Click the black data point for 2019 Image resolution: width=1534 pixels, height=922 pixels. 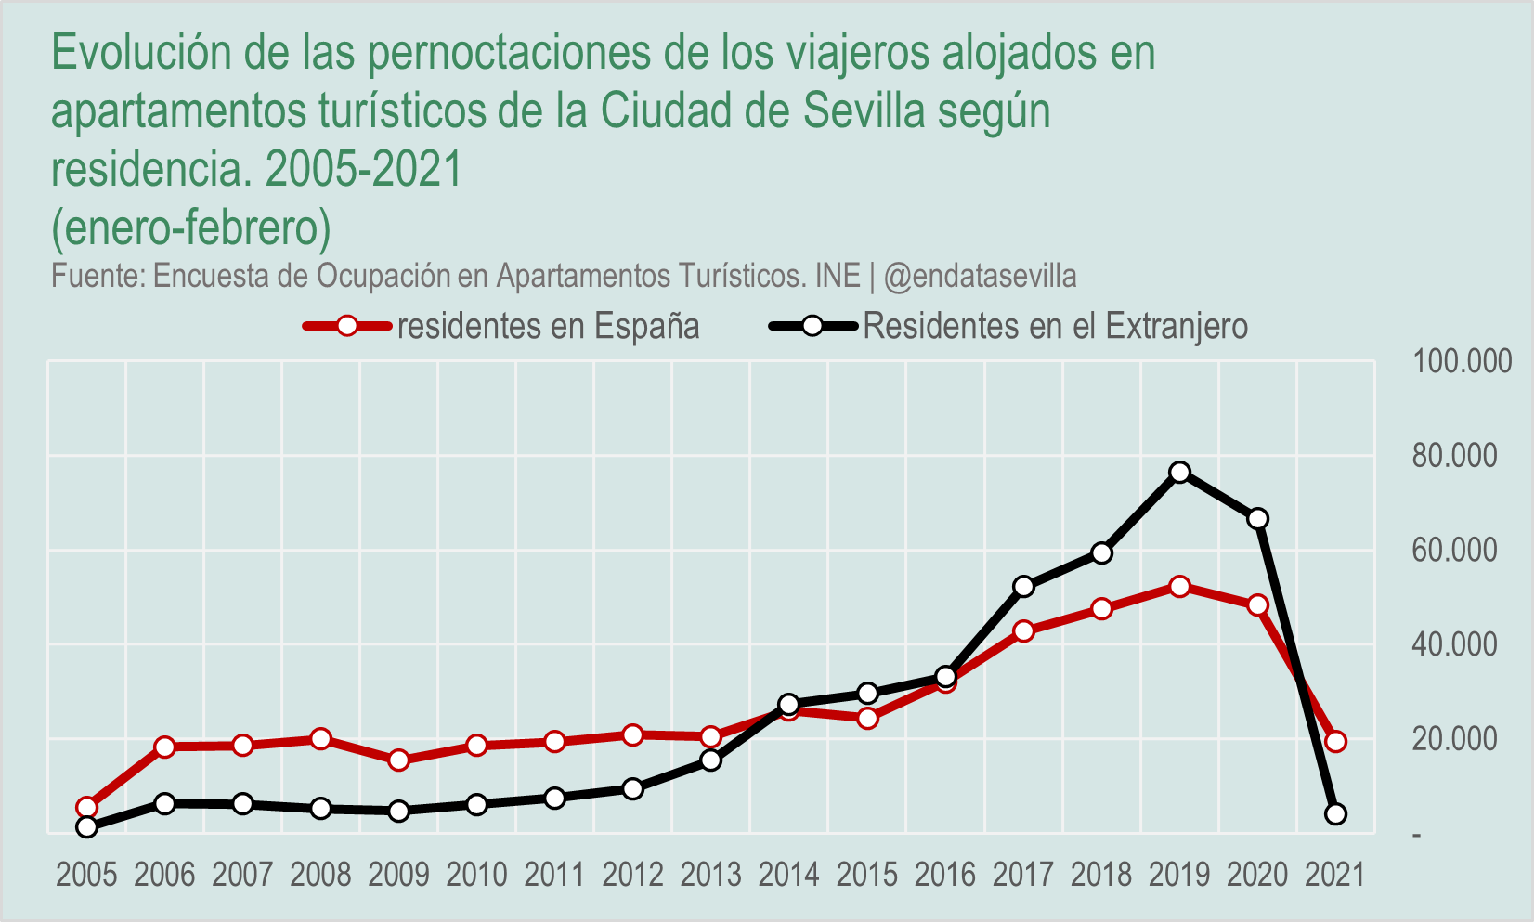pos(1180,473)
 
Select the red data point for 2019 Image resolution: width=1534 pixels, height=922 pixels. pos(1180,587)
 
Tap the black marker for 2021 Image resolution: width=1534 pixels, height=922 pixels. pos(1336,814)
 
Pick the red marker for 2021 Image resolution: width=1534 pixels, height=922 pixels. pos(1336,741)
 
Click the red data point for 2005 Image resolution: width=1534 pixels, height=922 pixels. pos(87,807)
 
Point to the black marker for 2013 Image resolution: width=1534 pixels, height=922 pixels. pos(711,760)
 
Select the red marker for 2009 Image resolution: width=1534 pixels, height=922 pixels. pos(399,760)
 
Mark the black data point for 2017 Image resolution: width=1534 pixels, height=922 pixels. pos(1024,587)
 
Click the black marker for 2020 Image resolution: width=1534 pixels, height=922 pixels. pos(1258,519)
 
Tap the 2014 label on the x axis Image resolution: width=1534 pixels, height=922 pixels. pos(789,875)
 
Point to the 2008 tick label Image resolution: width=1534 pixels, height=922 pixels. pos(321,875)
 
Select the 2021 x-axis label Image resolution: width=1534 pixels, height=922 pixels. pos(1335,875)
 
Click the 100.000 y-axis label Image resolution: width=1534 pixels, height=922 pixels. pos(1462,361)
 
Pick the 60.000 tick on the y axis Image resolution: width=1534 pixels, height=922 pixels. pos(1455,550)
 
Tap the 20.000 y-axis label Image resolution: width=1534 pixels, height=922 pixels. pos(1455,739)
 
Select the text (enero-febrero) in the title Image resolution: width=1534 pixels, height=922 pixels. pos(191,227)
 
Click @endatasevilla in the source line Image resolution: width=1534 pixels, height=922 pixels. pos(981,276)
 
